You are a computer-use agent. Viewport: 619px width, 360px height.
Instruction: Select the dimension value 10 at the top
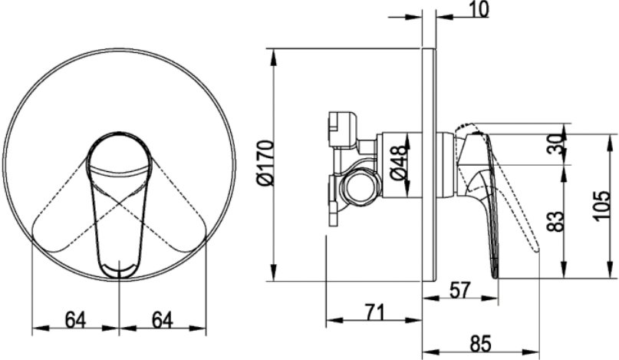479,9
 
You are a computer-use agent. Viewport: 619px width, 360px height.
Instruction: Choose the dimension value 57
460,289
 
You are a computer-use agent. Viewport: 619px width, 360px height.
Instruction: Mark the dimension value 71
374,312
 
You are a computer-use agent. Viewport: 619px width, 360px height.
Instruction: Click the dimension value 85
480,343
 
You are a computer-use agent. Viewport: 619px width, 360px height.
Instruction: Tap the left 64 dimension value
76,320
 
